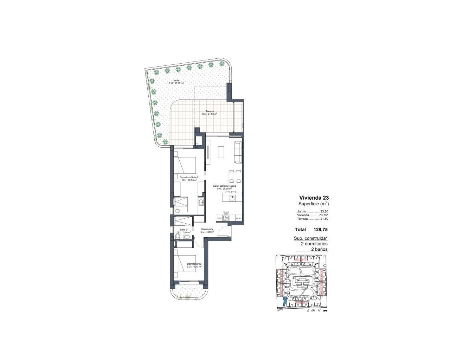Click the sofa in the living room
pos(238,152)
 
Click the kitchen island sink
pos(232,198)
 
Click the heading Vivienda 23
pos(314,198)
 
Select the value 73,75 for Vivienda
pos(323,215)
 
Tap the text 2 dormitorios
pos(314,244)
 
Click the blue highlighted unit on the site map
pos(284,302)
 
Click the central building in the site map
pos(301,282)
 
